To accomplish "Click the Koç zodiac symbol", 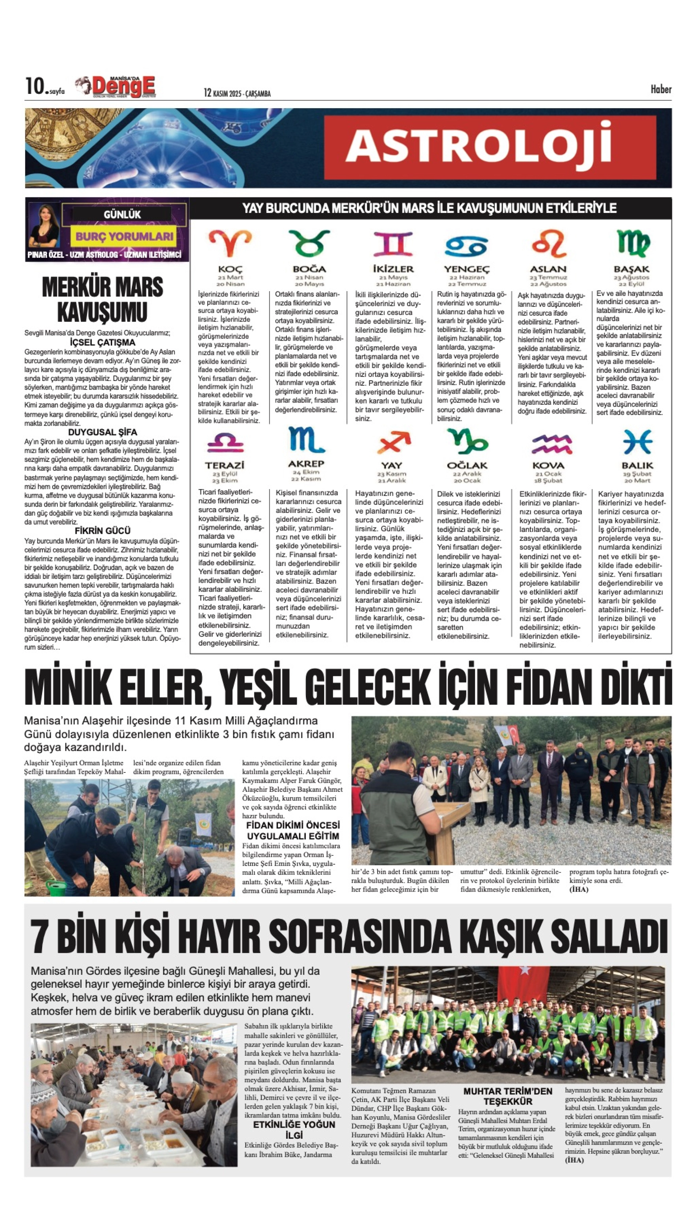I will click(x=230, y=243).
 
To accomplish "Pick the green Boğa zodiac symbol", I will click(x=309, y=243).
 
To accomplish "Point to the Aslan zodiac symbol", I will click(x=548, y=243).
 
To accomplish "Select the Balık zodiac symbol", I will click(x=637, y=441).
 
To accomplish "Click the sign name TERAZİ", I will click(x=225, y=465).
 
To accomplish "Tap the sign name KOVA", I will click(x=548, y=465).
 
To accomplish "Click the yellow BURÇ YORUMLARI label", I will click(x=124, y=236).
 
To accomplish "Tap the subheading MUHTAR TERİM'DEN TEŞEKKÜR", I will click(x=508, y=1096).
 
